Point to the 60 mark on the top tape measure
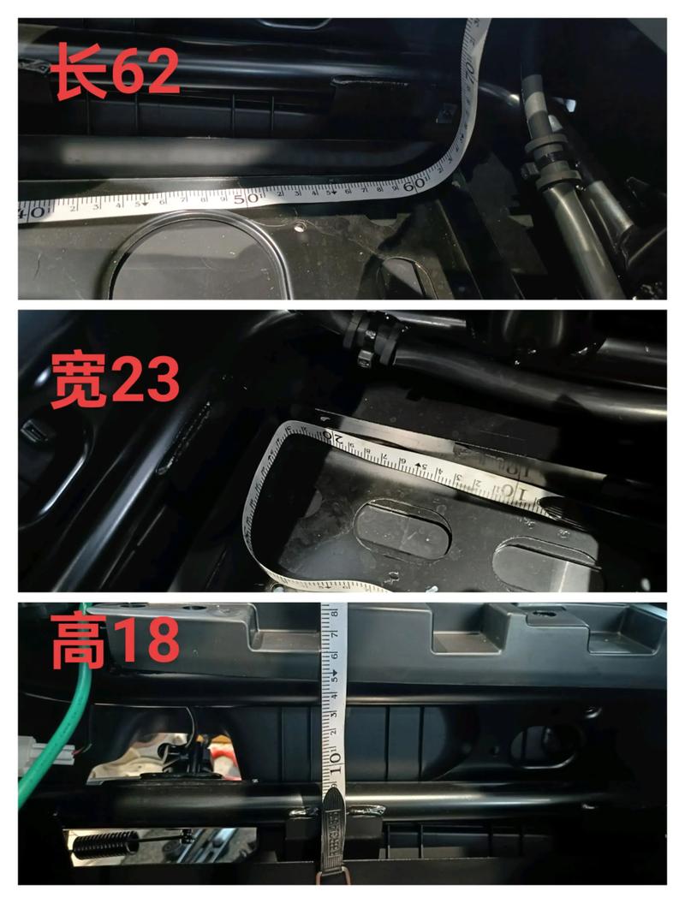pos(414,183)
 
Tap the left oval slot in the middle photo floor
pos(402,530)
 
